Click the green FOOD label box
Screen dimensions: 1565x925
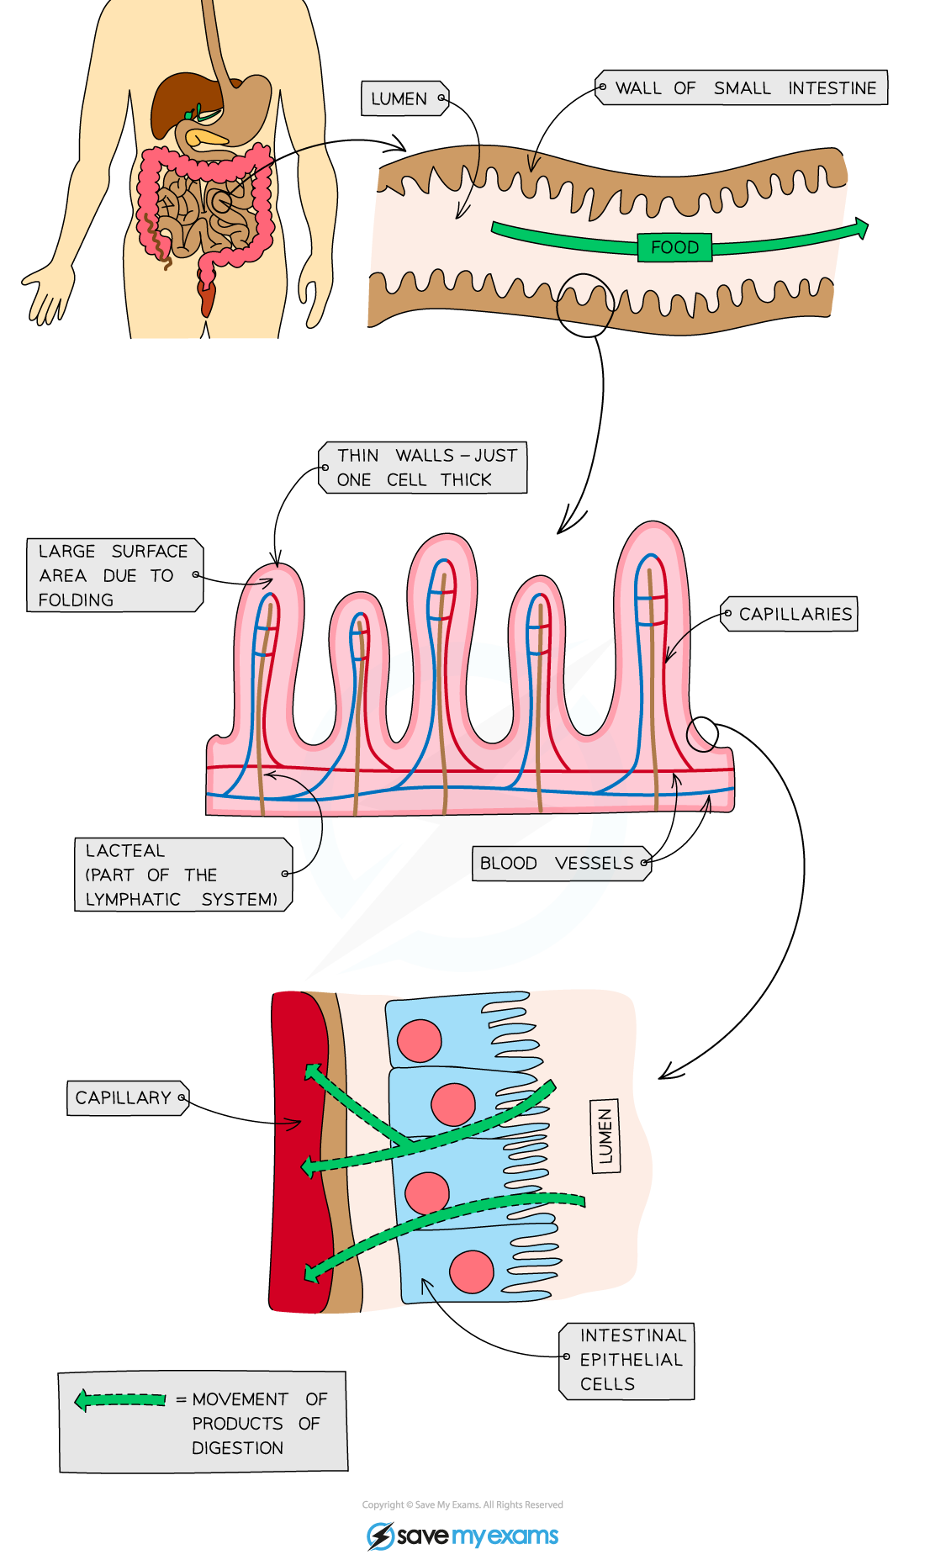[674, 247]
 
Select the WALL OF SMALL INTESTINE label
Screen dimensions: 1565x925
[744, 87]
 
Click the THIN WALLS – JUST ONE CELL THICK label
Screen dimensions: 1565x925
[425, 468]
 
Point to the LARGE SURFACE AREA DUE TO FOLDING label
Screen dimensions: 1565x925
[114, 575]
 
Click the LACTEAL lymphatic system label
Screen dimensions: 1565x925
[182, 875]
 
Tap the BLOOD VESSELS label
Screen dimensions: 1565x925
[560, 863]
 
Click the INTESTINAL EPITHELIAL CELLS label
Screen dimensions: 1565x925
[629, 1360]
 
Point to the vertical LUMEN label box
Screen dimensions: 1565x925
[605, 1135]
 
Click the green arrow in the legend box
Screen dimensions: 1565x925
[120, 1400]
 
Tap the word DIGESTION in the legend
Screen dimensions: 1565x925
[237, 1448]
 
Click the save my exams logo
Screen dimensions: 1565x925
[462, 1536]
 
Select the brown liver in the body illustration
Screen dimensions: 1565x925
[181, 97]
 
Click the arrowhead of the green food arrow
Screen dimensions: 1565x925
[860, 228]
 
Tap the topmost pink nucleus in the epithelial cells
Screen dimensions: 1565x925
[419, 1040]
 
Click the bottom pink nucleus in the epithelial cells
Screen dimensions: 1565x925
[471, 1272]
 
